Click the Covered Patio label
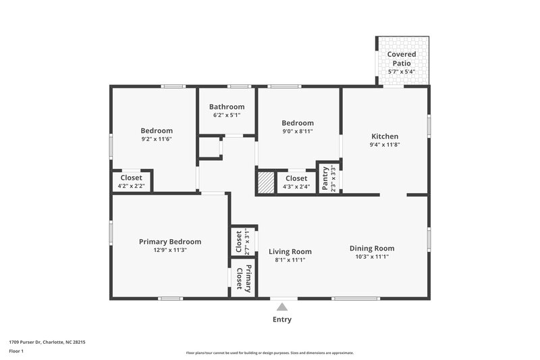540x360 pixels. (x=402, y=58)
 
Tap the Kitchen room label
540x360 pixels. (x=384, y=136)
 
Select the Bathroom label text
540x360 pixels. (x=227, y=107)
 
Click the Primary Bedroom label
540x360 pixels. (x=170, y=241)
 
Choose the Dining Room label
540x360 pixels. (x=372, y=248)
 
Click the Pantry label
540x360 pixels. (x=325, y=178)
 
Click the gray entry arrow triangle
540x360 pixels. (x=282, y=307)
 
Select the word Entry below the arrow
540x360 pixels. (x=282, y=319)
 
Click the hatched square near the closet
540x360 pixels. (x=265, y=182)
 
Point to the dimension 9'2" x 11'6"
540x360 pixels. (x=157, y=139)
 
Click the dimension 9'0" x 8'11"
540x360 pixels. (x=298, y=131)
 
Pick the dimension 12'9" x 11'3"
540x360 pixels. (x=170, y=250)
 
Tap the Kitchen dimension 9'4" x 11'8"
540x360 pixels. (x=385, y=145)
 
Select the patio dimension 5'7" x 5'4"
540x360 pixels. (x=402, y=72)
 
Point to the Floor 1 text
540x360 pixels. (x=16, y=351)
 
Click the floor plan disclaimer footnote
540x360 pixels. (x=269, y=353)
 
